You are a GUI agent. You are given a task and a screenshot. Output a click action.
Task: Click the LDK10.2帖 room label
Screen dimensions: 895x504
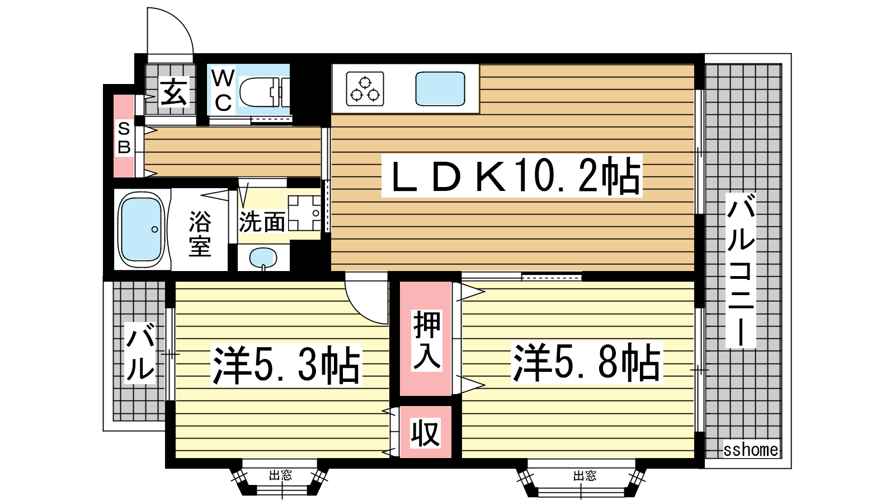click(x=512, y=176)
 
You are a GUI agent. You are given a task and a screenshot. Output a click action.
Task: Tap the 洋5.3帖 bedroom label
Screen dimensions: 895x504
click(x=286, y=365)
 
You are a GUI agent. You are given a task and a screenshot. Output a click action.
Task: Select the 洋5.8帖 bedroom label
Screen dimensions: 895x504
click(x=586, y=362)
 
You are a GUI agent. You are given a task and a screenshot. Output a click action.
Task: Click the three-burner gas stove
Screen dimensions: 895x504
click(x=365, y=89)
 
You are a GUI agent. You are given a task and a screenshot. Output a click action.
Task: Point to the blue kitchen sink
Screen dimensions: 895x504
click(x=440, y=88)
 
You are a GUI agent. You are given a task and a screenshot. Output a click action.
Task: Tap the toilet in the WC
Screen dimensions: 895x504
click(x=264, y=92)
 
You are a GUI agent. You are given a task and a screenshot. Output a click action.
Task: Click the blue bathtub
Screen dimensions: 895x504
click(x=142, y=230)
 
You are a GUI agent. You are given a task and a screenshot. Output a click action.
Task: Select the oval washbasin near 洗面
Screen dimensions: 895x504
click(x=263, y=258)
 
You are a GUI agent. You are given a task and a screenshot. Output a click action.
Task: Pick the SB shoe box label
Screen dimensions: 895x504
click(x=124, y=138)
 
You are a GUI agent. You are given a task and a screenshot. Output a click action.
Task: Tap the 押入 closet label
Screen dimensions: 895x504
click(x=427, y=340)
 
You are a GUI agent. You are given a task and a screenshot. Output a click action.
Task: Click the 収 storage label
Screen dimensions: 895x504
click(x=426, y=433)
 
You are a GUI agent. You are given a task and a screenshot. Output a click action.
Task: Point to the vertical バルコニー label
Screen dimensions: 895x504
click(x=741, y=270)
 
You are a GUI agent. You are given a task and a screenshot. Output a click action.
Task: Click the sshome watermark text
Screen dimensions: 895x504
click(x=751, y=450)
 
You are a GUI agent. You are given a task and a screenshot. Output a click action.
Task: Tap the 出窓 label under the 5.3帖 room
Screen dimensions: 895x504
click(x=280, y=475)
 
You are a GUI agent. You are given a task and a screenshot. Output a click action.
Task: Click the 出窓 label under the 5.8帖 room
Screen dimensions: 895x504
click(x=585, y=475)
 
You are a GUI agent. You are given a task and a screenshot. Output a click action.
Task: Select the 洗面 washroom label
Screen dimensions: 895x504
click(x=262, y=221)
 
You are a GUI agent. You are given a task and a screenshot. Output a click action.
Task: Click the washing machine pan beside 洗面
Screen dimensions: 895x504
click(x=304, y=213)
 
